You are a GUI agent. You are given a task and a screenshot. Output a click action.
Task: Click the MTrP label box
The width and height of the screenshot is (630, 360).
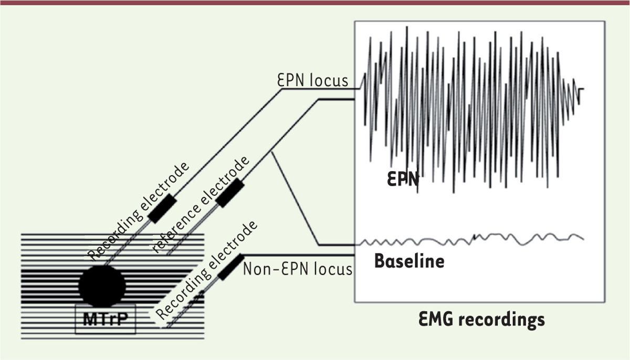coord(106,319)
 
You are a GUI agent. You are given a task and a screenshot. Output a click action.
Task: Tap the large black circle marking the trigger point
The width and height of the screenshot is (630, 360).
coord(102,286)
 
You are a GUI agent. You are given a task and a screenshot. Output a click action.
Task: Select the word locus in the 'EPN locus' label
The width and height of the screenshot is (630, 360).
coord(329,80)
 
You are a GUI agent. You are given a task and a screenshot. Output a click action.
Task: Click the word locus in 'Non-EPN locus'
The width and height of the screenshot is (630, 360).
coord(333,269)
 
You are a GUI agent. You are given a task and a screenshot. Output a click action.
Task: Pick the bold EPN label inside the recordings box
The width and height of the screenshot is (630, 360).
coord(403,179)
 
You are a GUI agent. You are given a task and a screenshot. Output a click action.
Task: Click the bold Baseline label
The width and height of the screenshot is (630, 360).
coord(409,261)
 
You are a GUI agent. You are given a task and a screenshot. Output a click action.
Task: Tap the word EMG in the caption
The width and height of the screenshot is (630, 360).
coord(436,319)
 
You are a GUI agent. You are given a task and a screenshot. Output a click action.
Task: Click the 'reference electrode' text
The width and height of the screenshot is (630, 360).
coord(201,205)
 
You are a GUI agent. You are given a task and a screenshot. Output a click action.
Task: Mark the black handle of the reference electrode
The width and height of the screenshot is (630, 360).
coord(230,193)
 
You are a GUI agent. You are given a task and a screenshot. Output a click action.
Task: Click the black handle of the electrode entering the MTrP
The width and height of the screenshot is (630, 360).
coord(162,208)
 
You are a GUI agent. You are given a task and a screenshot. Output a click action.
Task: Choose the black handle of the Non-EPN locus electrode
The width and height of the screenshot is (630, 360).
coord(231,267)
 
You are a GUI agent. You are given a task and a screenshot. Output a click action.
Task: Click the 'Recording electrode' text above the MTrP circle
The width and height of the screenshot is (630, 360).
coord(139,211)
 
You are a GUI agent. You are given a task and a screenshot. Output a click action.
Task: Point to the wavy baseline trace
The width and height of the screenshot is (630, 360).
coord(472,240)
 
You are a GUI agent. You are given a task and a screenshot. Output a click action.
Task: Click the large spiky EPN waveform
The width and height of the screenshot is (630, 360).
coord(472,110)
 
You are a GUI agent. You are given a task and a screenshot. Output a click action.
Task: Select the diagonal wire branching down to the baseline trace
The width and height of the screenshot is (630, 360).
coord(295,199)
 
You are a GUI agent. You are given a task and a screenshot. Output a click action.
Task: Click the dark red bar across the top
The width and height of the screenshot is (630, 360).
coord(315,3)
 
